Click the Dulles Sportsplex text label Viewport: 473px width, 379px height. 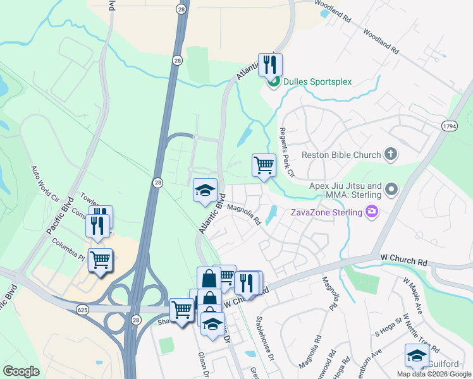pos(317,81)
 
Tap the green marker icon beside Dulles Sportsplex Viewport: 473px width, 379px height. pos(274,81)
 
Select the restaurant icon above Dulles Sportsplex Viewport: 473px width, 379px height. pos(271,64)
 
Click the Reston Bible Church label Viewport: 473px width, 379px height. pos(341,155)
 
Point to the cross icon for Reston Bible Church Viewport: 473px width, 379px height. pos(391,154)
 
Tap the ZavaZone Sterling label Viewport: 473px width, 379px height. pos(326,212)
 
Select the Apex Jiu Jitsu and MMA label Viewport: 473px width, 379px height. pos(345,191)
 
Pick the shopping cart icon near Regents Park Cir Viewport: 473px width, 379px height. pos(264,165)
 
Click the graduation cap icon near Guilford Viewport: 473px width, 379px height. pos(417,356)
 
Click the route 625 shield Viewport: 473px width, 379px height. pos(83,310)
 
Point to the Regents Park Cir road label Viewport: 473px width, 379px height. pos(287,160)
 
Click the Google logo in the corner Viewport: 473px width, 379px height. pos(21,371)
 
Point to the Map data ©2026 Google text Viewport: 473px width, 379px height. pos(434,374)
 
